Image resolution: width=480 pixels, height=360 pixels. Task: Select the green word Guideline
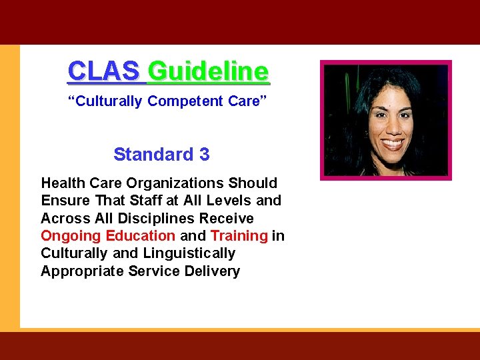(209, 70)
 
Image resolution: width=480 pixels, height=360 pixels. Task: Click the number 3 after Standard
(204, 155)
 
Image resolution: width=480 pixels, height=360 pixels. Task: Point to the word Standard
(153, 155)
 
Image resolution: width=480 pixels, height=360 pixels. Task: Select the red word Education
(140, 235)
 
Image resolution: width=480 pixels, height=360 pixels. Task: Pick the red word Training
(239, 235)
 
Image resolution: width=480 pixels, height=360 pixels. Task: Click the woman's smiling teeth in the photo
(392, 143)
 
